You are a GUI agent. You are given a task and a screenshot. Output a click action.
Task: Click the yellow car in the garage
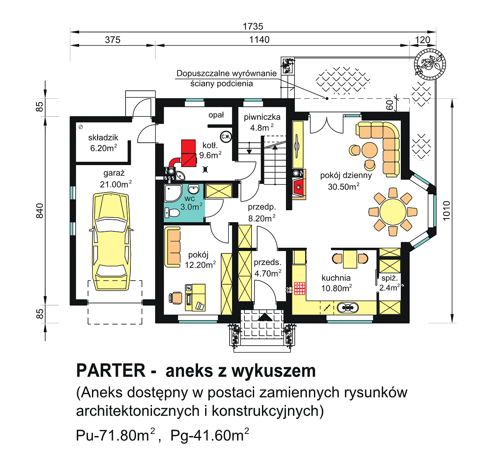[x=111, y=242]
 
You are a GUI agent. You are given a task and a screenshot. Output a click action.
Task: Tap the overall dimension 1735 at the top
[x=253, y=26]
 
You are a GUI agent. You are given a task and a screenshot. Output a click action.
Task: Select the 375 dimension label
[x=112, y=40]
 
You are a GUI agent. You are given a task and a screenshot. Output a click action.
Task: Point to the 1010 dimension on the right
[x=446, y=209]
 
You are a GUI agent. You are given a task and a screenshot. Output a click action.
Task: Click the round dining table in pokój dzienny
[x=393, y=212]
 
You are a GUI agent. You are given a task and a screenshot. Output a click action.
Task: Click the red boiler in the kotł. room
[x=188, y=153]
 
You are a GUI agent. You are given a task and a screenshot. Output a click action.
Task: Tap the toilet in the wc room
[x=172, y=213]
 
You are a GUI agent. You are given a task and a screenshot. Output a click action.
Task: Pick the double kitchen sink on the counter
[x=347, y=308]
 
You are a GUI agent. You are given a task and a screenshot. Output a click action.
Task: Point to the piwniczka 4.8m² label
[x=262, y=122]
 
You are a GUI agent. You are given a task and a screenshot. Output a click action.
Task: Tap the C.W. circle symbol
[x=226, y=136]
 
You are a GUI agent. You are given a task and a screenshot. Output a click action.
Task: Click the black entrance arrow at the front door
[x=264, y=317]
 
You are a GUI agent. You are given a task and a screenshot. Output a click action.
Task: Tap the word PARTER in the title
[x=111, y=370]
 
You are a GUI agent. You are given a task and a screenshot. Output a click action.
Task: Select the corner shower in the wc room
[x=172, y=193]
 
